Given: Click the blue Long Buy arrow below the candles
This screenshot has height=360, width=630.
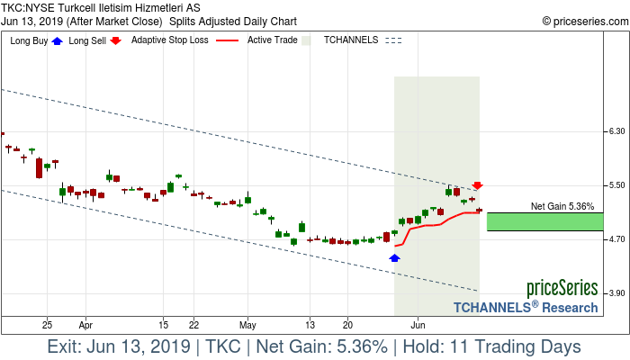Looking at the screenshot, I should coord(394,257).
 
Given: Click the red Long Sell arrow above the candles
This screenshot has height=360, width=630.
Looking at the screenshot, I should coord(478,185).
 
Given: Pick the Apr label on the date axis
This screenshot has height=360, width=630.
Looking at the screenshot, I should coord(85,324).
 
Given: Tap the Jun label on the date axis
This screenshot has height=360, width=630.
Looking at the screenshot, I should coord(418,324).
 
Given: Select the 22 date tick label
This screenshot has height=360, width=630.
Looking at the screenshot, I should coord(193,324).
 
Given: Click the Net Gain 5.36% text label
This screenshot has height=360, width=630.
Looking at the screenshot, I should coord(562,206).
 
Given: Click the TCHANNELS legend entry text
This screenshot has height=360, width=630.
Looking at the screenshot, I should coord(351,40).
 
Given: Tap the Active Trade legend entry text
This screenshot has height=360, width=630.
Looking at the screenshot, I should coord(272,40).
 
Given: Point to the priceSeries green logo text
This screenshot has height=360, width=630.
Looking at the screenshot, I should coord(562,288).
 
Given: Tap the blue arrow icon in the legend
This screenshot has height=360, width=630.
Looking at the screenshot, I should coord(58,40).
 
